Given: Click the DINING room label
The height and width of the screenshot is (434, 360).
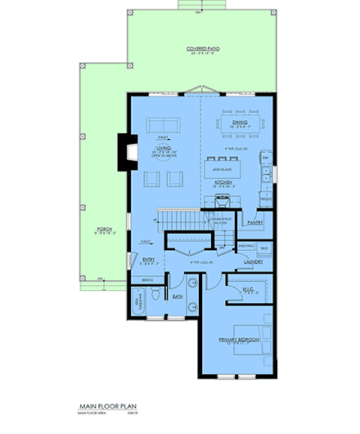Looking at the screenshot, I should pyautogui.click(x=240, y=123).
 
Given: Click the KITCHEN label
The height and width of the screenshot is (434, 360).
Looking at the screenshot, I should pyautogui.click(x=225, y=182).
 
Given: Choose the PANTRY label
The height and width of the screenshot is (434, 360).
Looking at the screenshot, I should pyautogui.click(x=254, y=221).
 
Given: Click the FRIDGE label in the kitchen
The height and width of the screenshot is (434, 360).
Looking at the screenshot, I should pyautogui.click(x=265, y=198).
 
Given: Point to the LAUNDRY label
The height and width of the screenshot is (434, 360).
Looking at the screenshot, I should pyautogui.click(x=253, y=262).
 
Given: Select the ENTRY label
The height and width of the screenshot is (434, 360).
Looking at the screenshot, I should pyautogui.click(x=148, y=261).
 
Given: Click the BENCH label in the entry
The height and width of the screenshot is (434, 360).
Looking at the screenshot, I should pyautogui.click(x=147, y=280).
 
